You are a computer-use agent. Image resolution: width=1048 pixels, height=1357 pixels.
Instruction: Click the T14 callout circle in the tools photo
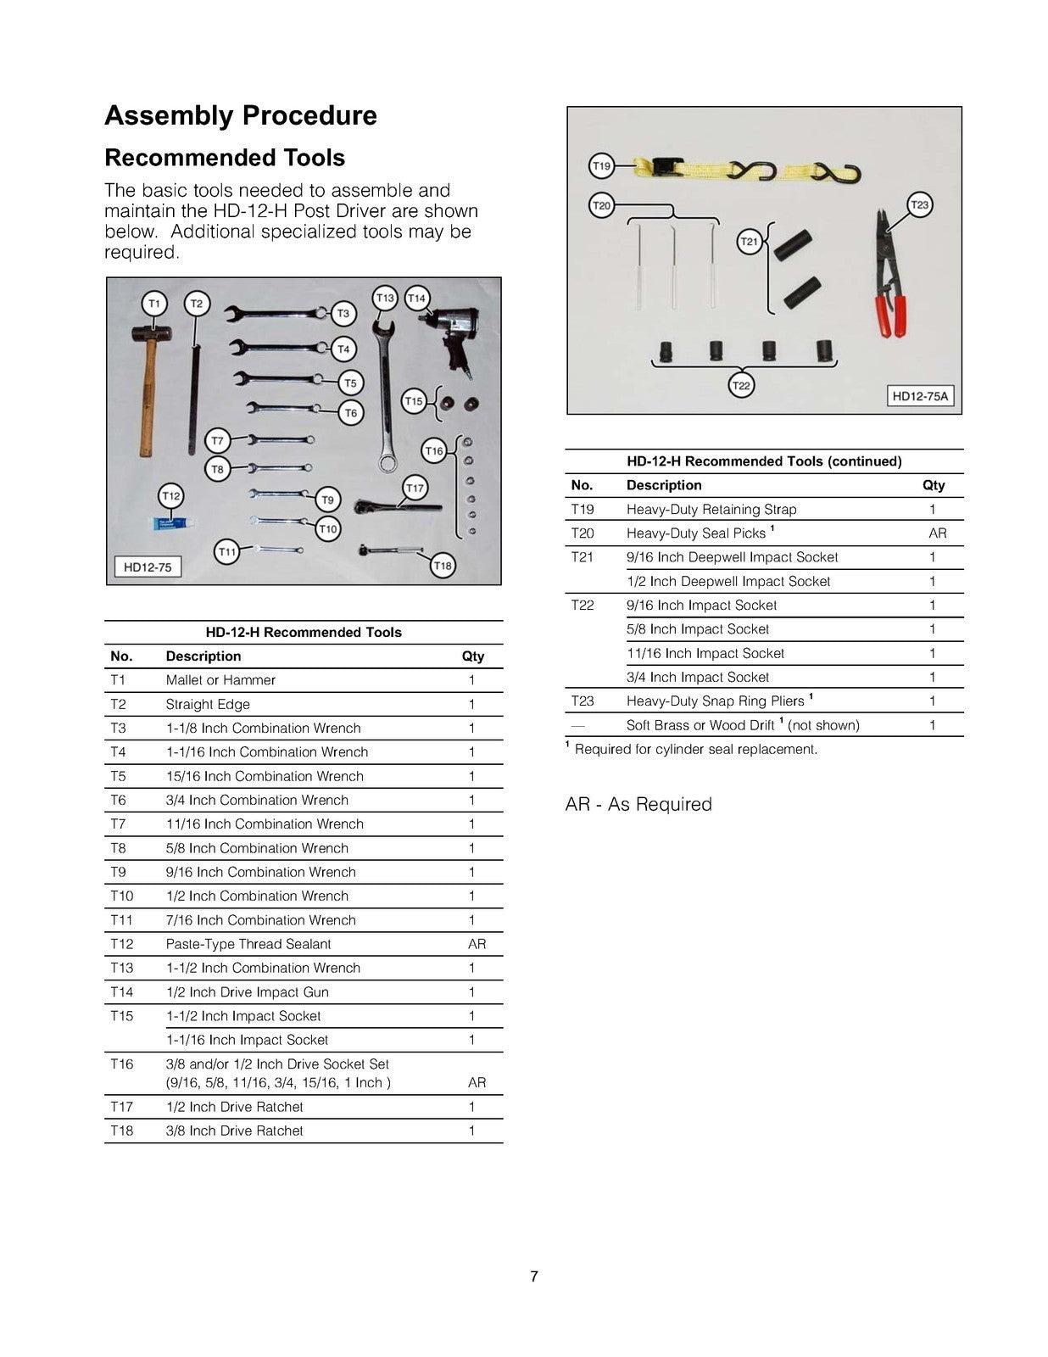pos(416,299)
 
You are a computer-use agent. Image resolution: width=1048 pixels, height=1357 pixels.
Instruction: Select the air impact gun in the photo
pos(451,332)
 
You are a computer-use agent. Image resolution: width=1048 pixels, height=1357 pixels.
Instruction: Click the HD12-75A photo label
pos(920,396)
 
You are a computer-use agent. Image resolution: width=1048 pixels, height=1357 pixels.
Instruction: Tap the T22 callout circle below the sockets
pos(741,386)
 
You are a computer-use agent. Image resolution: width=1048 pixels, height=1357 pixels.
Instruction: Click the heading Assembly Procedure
pos(240,115)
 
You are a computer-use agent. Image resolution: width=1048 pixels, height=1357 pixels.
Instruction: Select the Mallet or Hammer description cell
pos(220,680)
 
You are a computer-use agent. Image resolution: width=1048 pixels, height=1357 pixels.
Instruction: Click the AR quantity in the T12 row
pos(477,944)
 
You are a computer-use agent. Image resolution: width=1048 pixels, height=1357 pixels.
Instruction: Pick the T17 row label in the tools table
pos(122,1107)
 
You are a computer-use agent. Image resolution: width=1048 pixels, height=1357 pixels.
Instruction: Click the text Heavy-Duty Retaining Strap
pos(711,510)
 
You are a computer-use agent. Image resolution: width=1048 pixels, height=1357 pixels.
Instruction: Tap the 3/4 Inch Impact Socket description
pos(697,678)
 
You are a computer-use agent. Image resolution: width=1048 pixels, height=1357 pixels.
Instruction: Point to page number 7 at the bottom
pos(533,1276)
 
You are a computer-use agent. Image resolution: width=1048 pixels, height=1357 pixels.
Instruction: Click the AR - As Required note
pos(638,804)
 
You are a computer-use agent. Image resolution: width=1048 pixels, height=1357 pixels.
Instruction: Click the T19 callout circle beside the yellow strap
pos(601,166)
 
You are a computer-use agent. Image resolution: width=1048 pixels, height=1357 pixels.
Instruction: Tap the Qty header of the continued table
pos(933,485)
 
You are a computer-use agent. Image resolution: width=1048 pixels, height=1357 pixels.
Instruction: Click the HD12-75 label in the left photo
pos(148,567)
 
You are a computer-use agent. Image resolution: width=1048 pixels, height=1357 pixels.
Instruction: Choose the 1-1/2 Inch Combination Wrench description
pos(263,969)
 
